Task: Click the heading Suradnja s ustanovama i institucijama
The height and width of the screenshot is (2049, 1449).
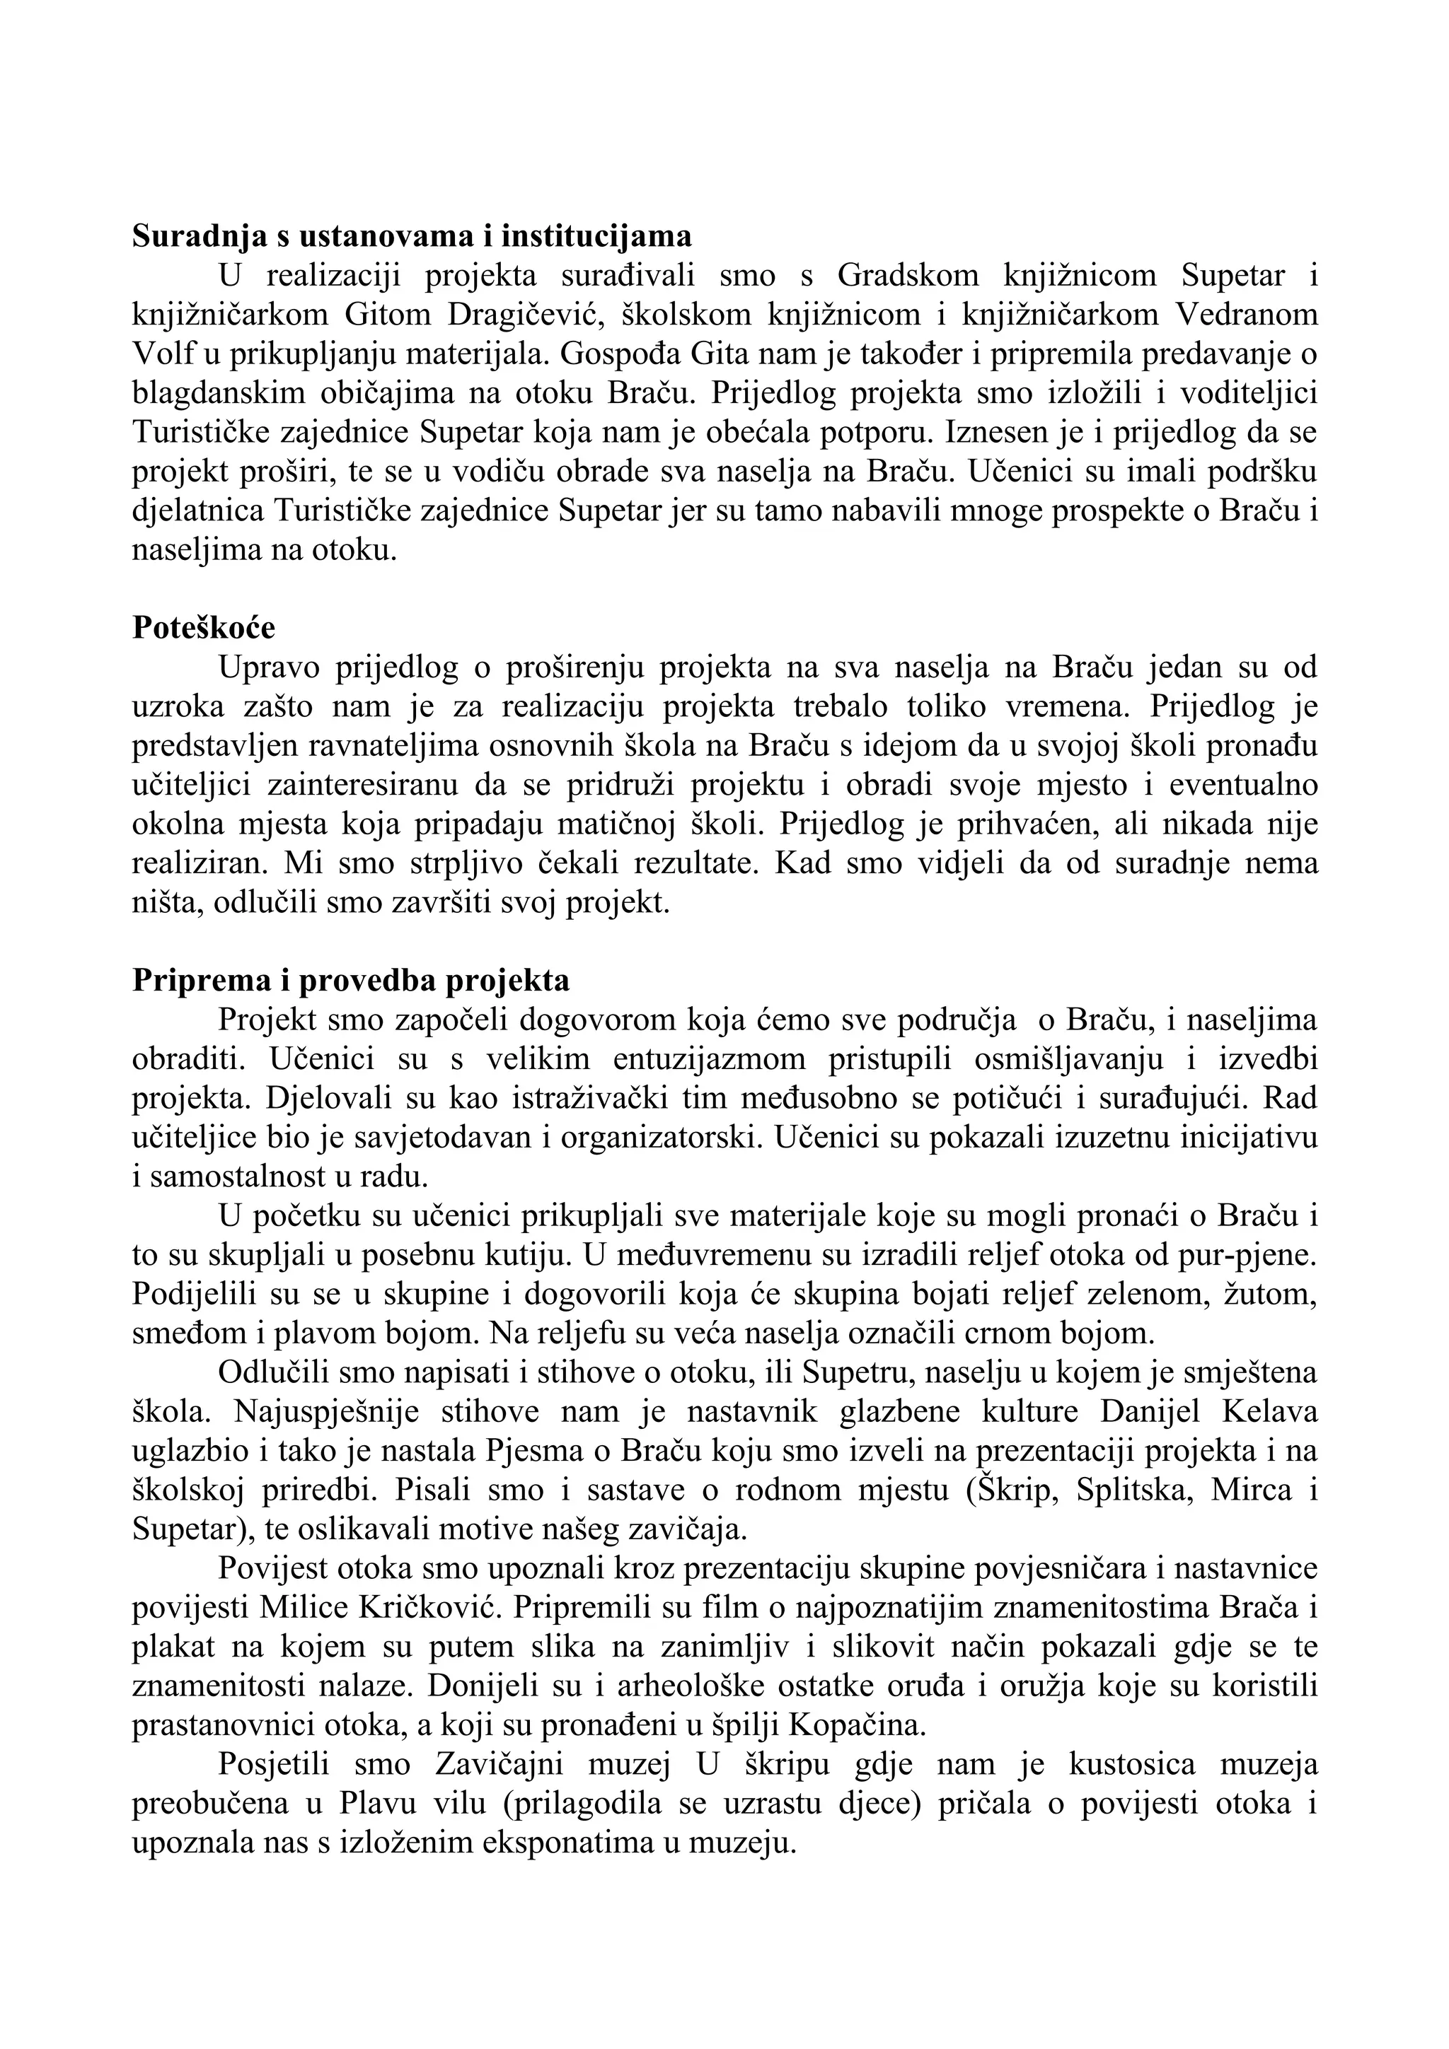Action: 412,236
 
